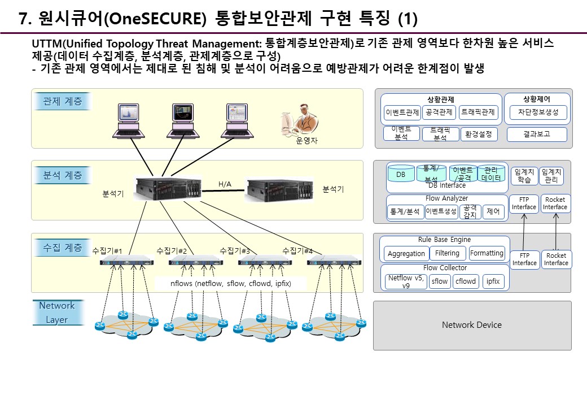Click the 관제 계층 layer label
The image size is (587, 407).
[62, 102]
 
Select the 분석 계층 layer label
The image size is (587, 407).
[62, 175]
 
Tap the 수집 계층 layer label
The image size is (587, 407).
[62, 248]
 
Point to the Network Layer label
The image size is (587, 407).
[56, 313]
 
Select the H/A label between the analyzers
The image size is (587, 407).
[225, 184]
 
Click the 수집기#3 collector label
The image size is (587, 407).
[234, 250]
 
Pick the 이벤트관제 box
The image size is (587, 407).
[402, 112]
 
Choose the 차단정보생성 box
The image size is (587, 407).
[537, 112]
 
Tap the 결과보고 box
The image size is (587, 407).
[537, 134]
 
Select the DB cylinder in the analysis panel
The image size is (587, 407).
[401, 175]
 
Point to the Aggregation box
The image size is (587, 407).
[406, 254]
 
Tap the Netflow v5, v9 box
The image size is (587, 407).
[406, 282]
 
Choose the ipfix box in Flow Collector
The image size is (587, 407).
[493, 281]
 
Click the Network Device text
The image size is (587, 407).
[471, 325]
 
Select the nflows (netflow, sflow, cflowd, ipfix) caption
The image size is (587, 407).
[230, 283]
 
